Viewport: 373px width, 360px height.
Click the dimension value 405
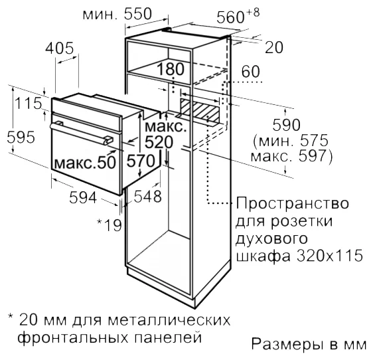click(x=60, y=48)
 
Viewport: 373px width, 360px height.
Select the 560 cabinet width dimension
click(x=230, y=17)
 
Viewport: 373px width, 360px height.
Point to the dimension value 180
click(x=171, y=69)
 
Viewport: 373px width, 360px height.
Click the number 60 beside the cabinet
click(x=250, y=72)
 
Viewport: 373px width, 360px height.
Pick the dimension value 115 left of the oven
click(x=28, y=104)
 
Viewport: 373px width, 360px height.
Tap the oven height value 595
click(x=21, y=137)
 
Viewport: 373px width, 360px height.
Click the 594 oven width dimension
click(x=83, y=197)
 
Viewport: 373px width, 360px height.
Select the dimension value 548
click(x=148, y=197)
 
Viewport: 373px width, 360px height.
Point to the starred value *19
click(x=110, y=225)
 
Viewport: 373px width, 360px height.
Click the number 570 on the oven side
click(x=141, y=161)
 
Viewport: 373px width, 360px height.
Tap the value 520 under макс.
click(x=159, y=142)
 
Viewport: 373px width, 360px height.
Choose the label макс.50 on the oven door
click(x=85, y=163)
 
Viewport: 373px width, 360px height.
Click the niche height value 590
click(x=287, y=125)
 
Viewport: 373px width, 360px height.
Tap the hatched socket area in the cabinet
click(x=200, y=110)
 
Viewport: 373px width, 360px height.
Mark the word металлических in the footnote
click(x=169, y=320)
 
